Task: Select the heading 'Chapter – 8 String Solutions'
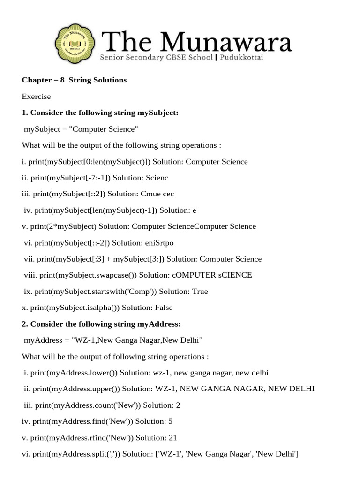click(74, 80)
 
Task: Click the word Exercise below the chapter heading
click(36, 97)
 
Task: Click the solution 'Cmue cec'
click(157, 194)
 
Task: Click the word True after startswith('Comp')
click(200, 292)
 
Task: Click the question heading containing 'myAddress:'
click(101, 324)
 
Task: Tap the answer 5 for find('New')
click(170, 421)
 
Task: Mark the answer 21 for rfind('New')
click(172, 438)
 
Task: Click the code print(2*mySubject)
click(59, 226)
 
